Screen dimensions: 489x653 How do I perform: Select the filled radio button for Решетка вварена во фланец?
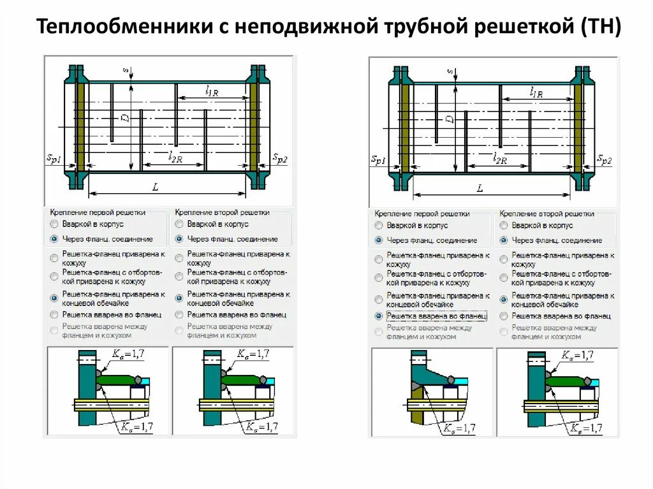point(379,316)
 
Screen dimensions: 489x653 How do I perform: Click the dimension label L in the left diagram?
point(155,186)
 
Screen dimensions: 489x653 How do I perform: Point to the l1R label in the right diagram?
point(536,92)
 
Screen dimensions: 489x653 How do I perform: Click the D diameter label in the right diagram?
point(451,119)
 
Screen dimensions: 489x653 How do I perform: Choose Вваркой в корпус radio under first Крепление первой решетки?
point(54,224)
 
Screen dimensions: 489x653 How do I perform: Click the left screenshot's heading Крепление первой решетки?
point(98,212)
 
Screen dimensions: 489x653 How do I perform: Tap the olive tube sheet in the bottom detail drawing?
point(414,411)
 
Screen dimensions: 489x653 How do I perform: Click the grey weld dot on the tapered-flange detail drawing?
point(451,380)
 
